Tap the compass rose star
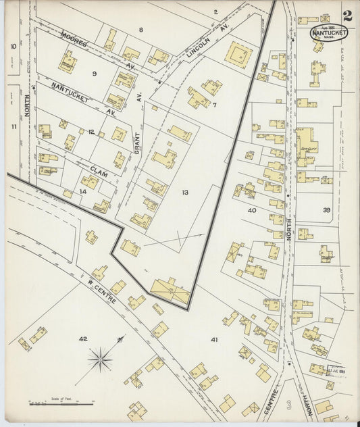[x=100, y=359]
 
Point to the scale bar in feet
[x=61, y=403]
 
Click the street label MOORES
[x=74, y=39]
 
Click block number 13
[x=184, y=193]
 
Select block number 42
[x=83, y=338]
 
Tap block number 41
[x=214, y=338]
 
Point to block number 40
[x=252, y=210]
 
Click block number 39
[x=326, y=210]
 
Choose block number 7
[x=214, y=105]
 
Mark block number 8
[x=140, y=30]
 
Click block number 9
[x=95, y=73]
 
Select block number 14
[x=83, y=192]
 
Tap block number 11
[x=13, y=126]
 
